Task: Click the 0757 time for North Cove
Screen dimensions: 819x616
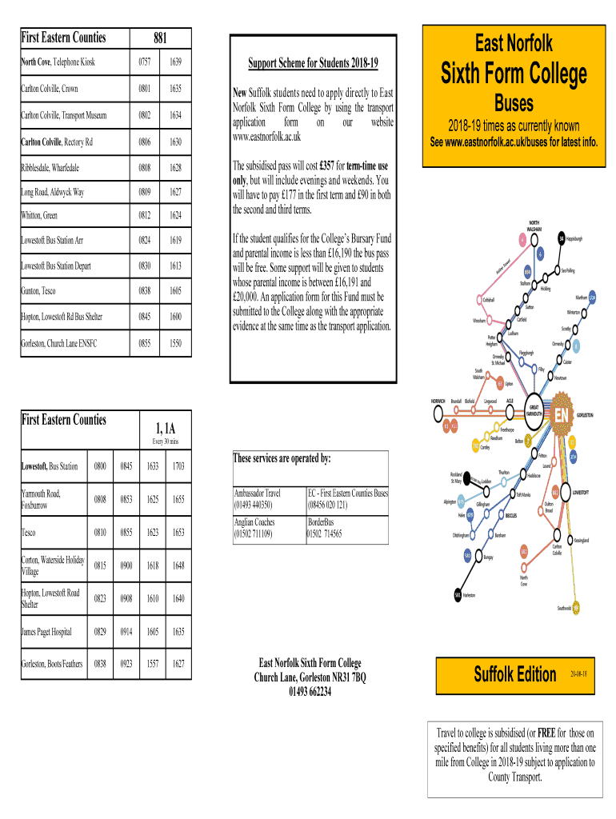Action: point(145,62)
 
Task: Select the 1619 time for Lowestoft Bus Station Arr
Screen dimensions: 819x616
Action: point(174,239)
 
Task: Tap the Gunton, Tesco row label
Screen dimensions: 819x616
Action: point(38,291)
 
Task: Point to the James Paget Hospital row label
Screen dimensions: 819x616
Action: point(46,632)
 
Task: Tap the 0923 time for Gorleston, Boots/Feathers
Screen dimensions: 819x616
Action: point(125,663)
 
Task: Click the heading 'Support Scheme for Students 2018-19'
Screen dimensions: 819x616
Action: point(313,63)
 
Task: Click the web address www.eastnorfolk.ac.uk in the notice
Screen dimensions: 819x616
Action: point(266,137)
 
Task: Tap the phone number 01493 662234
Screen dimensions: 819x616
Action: point(310,693)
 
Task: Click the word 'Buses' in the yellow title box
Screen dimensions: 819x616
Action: point(514,103)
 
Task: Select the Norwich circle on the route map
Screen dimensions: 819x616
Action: point(437,413)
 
